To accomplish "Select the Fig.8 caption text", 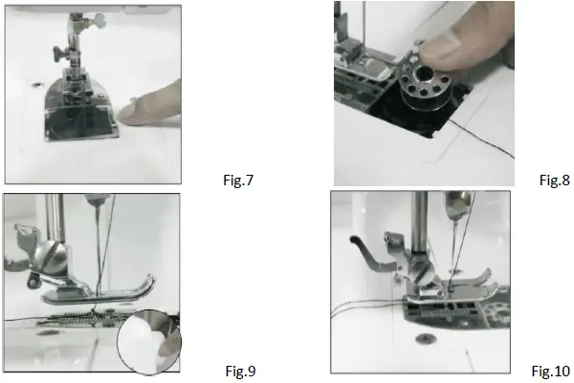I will point(555,179).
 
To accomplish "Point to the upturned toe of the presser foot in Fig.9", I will point(148,287).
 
